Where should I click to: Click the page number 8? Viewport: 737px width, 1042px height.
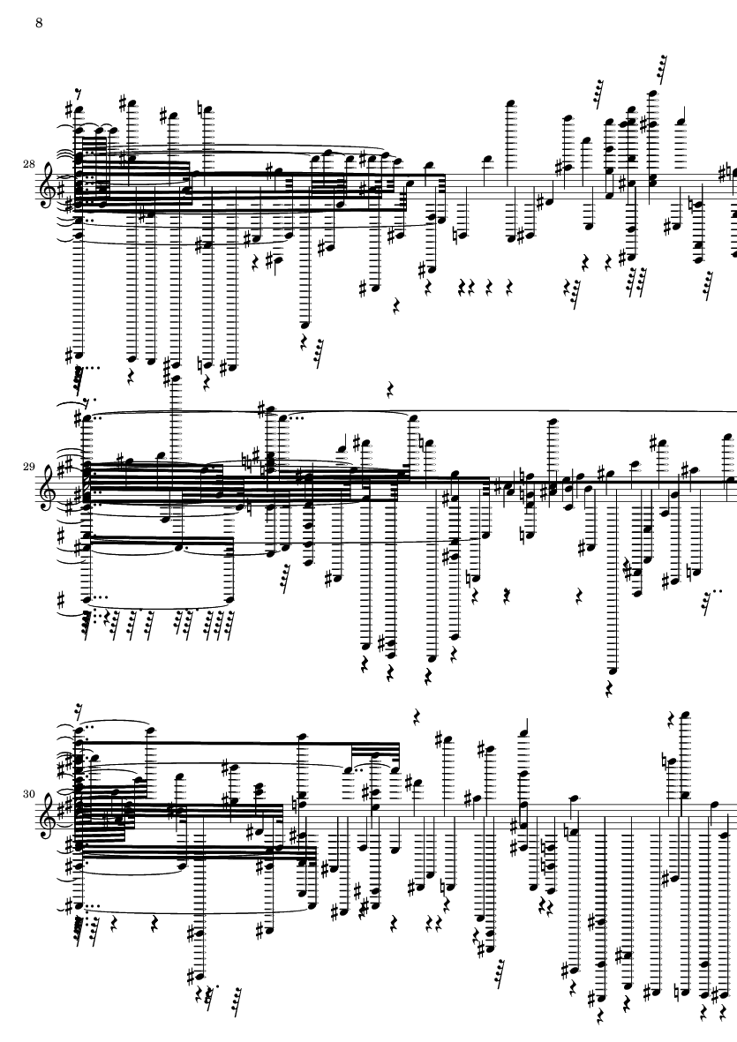[x=39, y=23]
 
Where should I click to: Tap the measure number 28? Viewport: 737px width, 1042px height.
[x=28, y=164]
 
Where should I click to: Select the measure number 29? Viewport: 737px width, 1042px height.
[x=28, y=467]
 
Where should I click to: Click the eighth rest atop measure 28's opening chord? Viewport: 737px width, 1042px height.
[x=79, y=93]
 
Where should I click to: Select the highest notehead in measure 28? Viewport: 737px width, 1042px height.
[x=652, y=94]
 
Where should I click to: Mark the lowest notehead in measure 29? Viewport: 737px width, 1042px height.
[x=613, y=671]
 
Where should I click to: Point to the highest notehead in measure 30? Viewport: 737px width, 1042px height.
[x=685, y=715]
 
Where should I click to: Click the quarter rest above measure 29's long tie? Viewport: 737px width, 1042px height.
[x=390, y=389]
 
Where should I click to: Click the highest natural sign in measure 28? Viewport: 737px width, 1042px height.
[x=200, y=109]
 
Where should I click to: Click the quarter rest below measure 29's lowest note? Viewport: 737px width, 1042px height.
[x=610, y=689]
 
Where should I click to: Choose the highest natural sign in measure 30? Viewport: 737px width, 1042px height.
[x=666, y=761]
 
